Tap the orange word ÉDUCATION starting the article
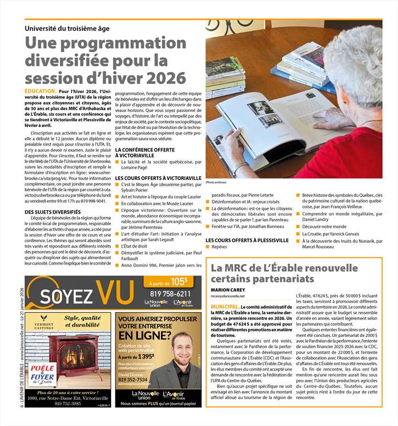point(40,91)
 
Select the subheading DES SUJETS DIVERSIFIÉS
point(53,211)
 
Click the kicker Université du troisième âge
point(67,28)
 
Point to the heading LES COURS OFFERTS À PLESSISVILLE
point(247,240)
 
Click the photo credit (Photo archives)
point(216,182)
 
